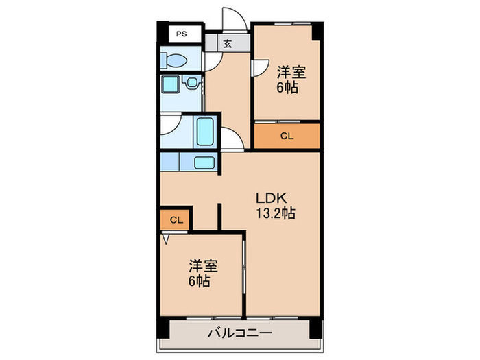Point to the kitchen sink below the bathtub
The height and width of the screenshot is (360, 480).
point(204,163)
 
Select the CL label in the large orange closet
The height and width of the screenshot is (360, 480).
point(287,136)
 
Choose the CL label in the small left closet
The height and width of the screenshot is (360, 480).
point(176,220)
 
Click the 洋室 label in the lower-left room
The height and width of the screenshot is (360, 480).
point(203,265)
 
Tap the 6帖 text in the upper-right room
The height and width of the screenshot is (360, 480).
point(288,88)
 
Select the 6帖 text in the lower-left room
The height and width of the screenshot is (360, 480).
point(200,281)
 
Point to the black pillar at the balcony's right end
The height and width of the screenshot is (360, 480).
point(315,328)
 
